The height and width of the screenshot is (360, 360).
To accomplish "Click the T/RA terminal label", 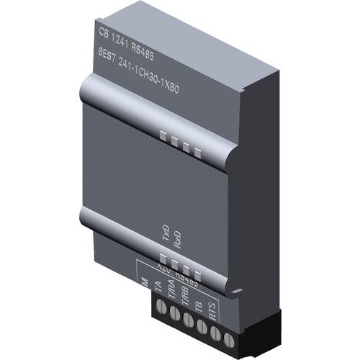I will point(173,294).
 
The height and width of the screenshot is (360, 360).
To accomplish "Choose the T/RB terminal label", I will point(186,299).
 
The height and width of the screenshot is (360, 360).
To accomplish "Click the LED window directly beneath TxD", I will point(164,256).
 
